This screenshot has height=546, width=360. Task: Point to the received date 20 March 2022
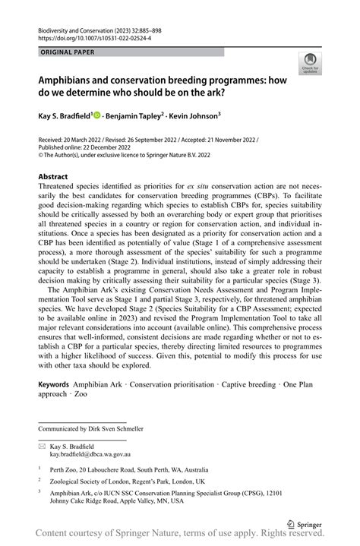(87, 140)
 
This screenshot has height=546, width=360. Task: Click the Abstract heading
(52, 177)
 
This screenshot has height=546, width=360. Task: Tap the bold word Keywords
(58, 385)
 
